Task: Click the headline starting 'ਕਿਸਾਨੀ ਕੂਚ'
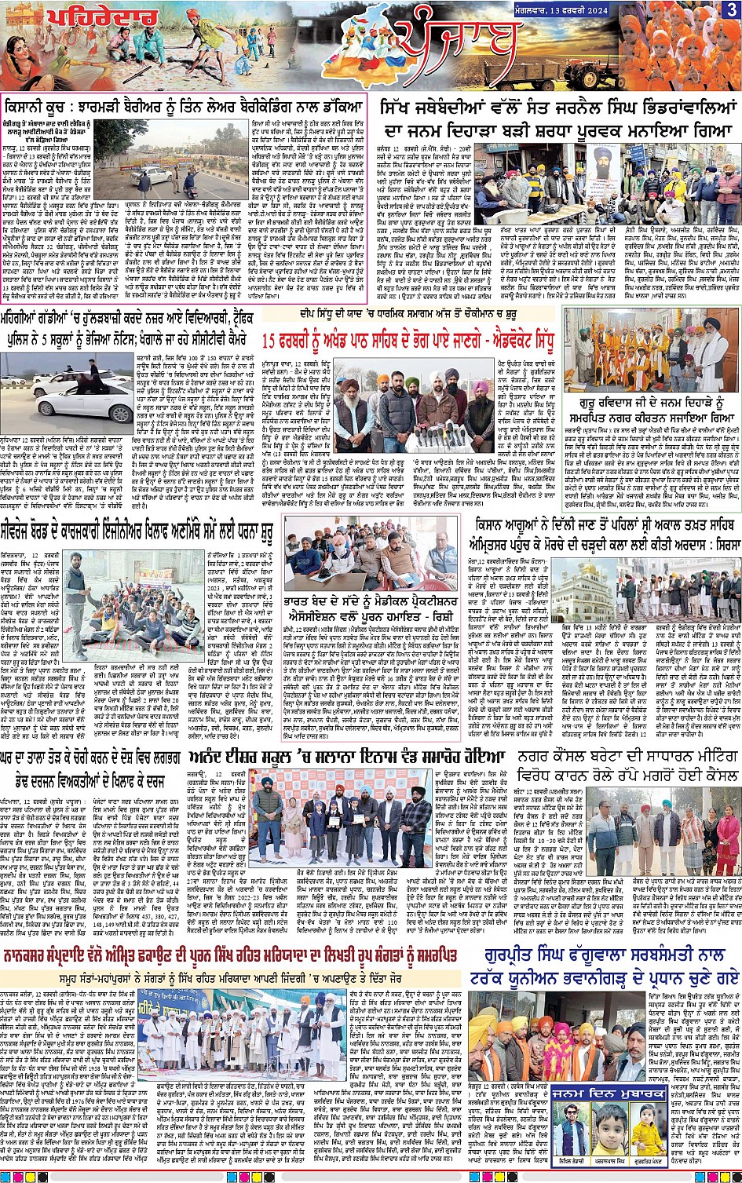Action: coord(185,105)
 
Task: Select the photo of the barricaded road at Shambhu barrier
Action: coord(181,166)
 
